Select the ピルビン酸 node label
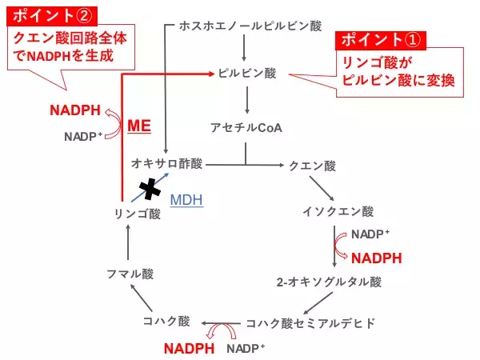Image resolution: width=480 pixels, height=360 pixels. click(x=247, y=73)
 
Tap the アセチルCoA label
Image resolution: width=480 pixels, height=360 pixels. click(x=246, y=128)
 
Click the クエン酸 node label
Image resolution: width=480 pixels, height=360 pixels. click(x=314, y=166)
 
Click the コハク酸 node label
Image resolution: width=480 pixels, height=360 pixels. click(x=166, y=322)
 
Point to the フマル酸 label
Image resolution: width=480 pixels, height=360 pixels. click(x=130, y=274)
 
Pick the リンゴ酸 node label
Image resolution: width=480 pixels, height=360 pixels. click(x=137, y=214)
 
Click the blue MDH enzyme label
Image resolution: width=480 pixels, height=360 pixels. click(x=186, y=199)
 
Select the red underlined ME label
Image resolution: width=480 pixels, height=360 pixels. click(x=139, y=126)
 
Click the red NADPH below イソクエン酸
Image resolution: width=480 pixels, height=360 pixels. click(x=376, y=258)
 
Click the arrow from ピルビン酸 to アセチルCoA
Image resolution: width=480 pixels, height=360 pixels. click(x=247, y=99)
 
